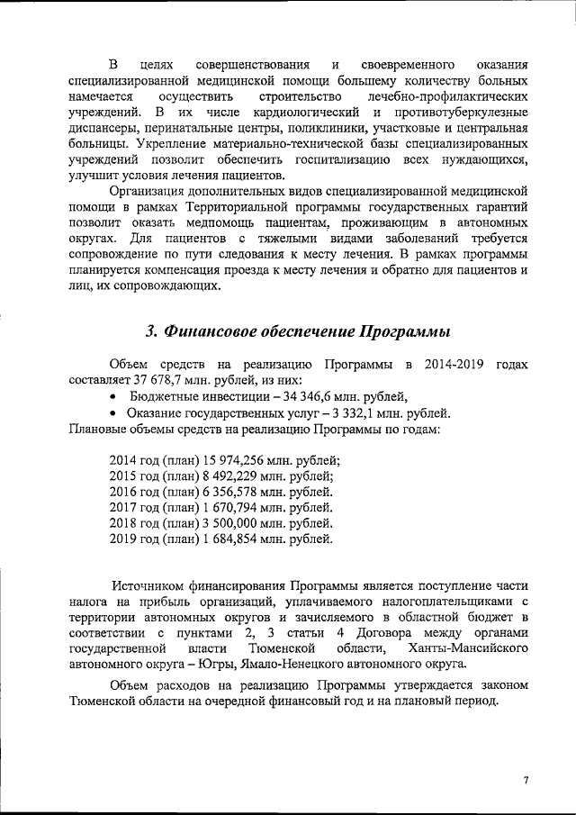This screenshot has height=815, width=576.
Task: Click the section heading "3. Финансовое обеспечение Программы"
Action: click(297, 330)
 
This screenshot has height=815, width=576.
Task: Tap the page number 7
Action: click(526, 780)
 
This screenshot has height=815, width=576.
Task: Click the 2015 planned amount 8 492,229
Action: click(220, 475)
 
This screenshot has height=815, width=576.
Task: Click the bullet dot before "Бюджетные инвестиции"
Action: click(112, 396)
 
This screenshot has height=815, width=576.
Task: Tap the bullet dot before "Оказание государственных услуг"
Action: click(112, 412)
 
